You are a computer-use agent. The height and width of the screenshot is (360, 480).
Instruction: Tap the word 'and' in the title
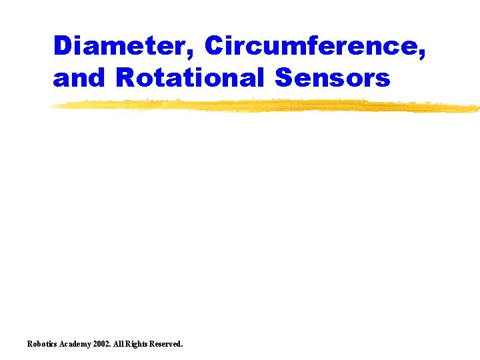[80, 78]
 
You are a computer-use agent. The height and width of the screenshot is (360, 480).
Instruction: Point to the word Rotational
[191, 78]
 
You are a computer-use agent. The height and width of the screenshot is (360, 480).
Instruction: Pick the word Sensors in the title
[332, 78]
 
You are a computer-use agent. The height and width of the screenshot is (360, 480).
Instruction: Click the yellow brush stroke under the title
[267, 106]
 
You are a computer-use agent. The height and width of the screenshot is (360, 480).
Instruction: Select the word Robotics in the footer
[41, 344]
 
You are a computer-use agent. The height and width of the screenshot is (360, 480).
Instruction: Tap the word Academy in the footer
[77, 344]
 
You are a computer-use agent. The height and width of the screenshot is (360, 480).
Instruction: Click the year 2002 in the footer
[105, 344]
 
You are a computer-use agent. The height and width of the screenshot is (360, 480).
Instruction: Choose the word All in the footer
[123, 344]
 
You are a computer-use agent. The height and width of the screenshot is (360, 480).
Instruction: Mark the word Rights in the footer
[141, 344]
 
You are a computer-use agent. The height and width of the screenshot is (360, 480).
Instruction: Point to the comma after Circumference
[422, 55]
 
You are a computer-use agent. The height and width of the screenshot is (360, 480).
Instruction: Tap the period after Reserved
[182, 347]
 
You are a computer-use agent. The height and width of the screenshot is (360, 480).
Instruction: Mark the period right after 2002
[115, 347]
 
